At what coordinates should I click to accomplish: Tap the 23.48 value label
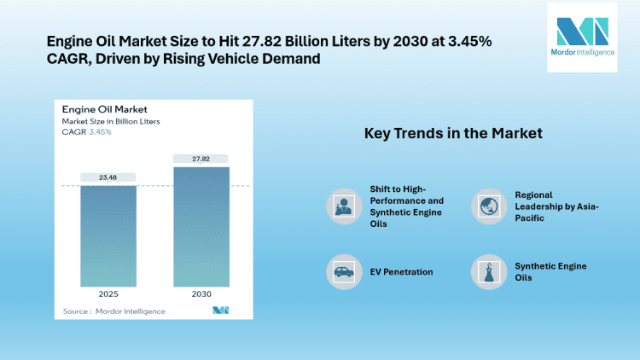[108, 177]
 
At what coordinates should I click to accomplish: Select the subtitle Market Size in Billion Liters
[111, 121]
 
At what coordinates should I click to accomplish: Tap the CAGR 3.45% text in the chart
[87, 132]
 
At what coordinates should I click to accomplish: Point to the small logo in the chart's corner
[221, 311]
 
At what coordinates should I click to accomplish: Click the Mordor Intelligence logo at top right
[581, 37]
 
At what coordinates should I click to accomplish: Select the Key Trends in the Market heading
[453, 134]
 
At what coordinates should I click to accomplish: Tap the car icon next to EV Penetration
[342, 271]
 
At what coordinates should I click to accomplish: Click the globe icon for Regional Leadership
[487, 205]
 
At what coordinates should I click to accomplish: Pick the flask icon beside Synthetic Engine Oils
[487, 271]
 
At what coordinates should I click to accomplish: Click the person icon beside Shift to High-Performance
[342, 205]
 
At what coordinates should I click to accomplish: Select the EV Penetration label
[401, 271]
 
